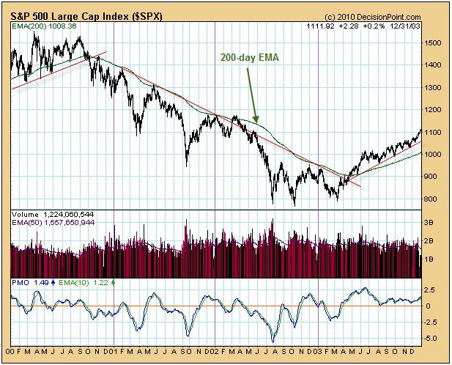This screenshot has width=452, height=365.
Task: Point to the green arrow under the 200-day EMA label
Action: click(253, 98)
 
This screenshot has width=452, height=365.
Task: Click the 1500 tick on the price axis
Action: click(434, 43)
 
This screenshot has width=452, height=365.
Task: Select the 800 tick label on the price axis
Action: click(432, 199)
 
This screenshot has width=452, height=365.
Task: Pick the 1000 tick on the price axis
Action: click(434, 155)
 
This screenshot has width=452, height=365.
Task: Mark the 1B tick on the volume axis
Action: click(429, 259)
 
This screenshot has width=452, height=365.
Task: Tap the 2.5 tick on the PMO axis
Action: click(431, 290)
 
